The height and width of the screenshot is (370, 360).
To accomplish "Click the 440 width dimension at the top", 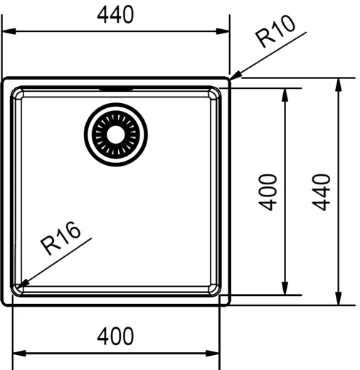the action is click(115, 15).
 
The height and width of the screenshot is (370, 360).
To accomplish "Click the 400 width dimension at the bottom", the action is click(115, 336).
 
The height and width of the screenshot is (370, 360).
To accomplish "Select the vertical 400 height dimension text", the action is click(268, 192).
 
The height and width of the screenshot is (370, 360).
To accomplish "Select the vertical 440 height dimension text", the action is click(322, 192).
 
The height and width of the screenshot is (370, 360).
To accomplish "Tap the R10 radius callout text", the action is click(275, 31).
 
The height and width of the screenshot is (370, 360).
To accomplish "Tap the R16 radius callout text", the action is click(60, 238).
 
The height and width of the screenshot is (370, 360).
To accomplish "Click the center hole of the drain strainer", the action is click(115, 134).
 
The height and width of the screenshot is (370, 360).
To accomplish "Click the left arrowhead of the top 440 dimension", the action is click(9, 31).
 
